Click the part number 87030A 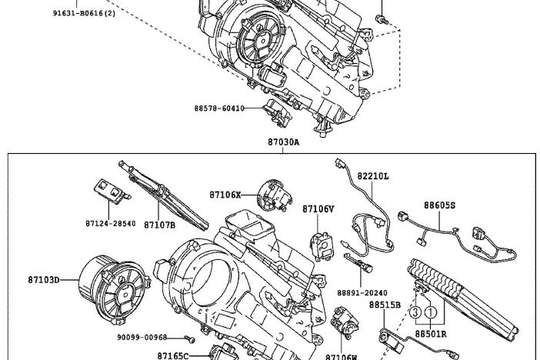[283, 142]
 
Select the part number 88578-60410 [219, 108]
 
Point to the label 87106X [225, 195]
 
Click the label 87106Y [318, 208]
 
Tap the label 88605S [439, 205]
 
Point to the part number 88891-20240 [362, 292]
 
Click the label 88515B [385, 305]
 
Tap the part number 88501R [431, 335]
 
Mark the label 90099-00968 [142, 337]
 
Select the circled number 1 [432, 313]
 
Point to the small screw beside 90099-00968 [192, 338]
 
